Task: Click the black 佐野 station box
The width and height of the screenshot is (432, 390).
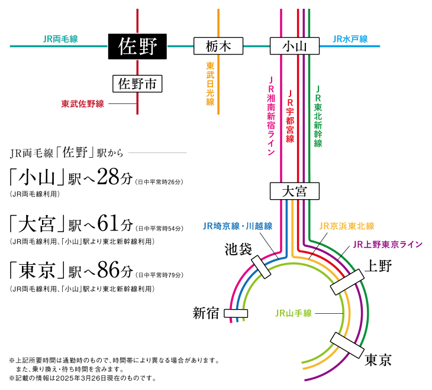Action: [x=138, y=46]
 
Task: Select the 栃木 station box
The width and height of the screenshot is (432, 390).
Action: [x=218, y=46]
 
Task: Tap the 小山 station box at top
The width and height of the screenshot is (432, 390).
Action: [x=294, y=46]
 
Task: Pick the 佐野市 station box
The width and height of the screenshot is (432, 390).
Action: [x=137, y=83]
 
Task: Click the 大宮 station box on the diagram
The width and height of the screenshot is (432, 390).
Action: [x=294, y=191]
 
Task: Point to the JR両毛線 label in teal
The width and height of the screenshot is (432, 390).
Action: [x=60, y=39]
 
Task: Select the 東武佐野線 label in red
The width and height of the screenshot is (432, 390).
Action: [x=83, y=104]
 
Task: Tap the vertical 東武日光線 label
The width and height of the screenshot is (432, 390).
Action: [x=210, y=84]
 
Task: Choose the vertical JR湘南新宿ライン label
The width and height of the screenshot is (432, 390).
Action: [x=271, y=116]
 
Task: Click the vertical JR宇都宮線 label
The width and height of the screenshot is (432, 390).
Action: [x=290, y=116]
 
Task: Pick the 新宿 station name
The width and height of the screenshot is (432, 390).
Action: [x=207, y=313]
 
